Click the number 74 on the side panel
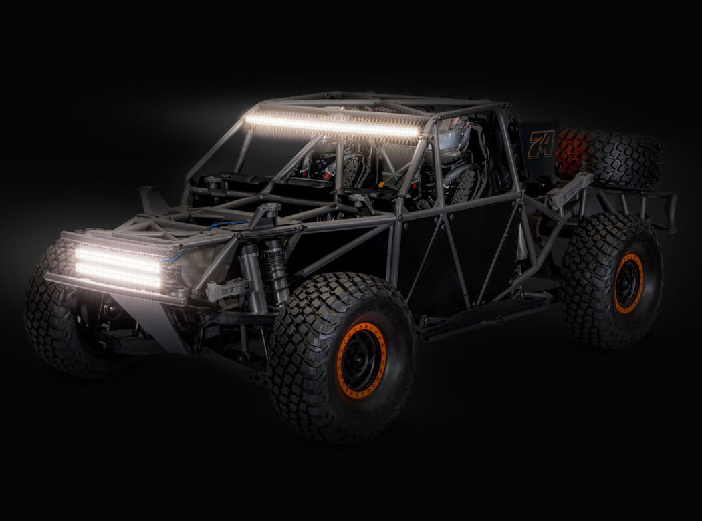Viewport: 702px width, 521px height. pyautogui.click(x=542, y=143)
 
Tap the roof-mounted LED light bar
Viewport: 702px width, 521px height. pyautogui.click(x=332, y=126)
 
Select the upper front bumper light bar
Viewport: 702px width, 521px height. pyautogui.click(x=118, y=260)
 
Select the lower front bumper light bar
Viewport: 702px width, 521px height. pyautogui.click(x=118, y=275)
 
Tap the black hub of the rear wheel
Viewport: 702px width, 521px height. pyautogui.click(x=630, y=283)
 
